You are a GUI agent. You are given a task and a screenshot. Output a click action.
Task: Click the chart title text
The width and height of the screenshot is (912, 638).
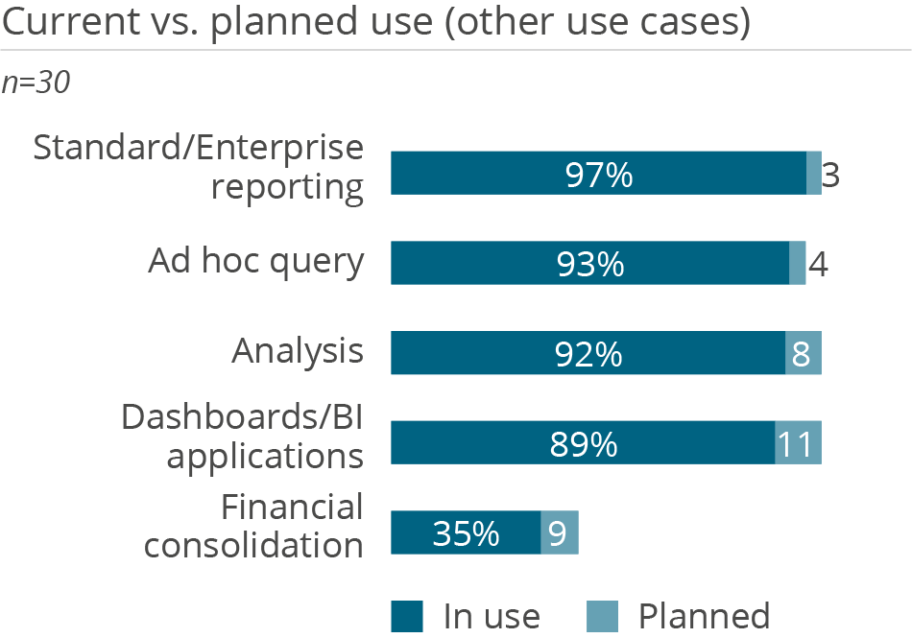(x=375, y=23)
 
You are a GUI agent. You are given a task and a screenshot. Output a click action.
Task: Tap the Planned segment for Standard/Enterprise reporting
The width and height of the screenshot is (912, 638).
(x=814, y=174)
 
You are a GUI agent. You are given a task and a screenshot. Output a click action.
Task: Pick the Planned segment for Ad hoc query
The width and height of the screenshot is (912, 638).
(x=797, y=263)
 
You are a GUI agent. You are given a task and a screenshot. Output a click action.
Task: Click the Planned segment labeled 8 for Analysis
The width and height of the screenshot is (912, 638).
(x=803, y=353)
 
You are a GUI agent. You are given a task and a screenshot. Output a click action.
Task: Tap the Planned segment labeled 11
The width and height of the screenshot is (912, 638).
(x=798, y=443)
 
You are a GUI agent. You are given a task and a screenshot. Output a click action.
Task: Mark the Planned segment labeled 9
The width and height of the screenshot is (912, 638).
(x=560, y=532)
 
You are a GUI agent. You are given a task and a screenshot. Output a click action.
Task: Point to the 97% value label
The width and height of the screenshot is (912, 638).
(x=598, y=176)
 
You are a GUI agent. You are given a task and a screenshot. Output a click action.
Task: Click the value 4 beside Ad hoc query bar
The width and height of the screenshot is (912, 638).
(x=818, y=264)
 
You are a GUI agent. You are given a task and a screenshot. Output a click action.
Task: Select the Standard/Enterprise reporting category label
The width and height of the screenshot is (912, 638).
(x=200, y=167)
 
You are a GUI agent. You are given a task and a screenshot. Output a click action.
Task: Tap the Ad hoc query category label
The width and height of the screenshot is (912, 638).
(x=256, y=261)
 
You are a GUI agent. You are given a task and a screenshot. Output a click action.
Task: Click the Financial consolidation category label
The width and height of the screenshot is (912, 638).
(x=254, y=526)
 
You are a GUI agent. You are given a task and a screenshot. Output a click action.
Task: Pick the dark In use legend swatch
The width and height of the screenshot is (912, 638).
(x=407, y=616)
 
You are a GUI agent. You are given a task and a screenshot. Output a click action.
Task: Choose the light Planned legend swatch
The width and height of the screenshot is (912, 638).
(x=603, y=616)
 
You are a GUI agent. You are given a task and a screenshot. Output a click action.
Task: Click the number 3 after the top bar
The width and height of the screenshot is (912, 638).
(x=832, y=176)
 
